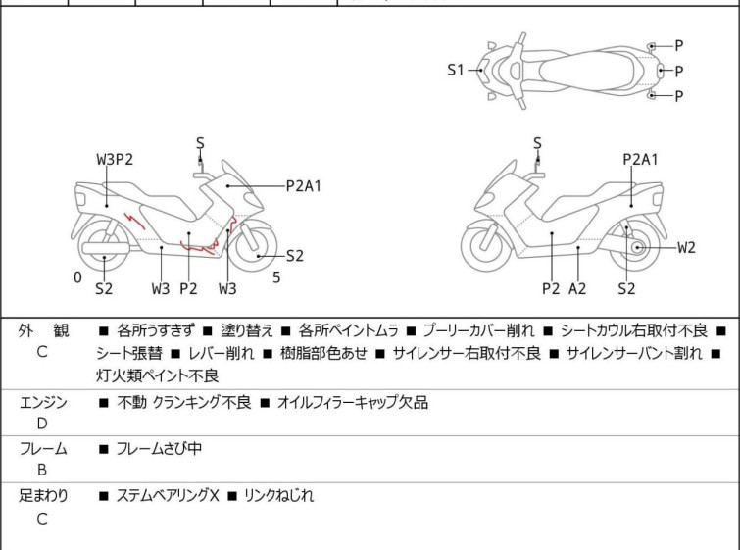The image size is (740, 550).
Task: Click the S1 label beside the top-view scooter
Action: [x=455, y=70]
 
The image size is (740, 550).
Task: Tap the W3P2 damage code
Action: [x=115, y=159]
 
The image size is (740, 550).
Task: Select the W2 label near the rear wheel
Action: [x=687, y=247]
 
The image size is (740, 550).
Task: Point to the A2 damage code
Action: [x=578, y=288]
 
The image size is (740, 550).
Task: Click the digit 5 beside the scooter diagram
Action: [x=276, y=277]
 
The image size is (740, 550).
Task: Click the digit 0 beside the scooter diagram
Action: [x=77, y=277]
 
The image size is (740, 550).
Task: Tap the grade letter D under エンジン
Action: [x=42, y=424]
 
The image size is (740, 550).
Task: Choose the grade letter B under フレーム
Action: [x=42, y=470]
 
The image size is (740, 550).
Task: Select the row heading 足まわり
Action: [x=44, y=496]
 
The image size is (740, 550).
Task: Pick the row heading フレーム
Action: [x=44, y=449]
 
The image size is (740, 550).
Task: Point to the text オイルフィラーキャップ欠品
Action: [x=353, y=402]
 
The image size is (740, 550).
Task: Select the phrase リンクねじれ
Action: [x=278, y=496]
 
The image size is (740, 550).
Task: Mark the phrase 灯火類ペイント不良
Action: [x=157, y=376]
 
